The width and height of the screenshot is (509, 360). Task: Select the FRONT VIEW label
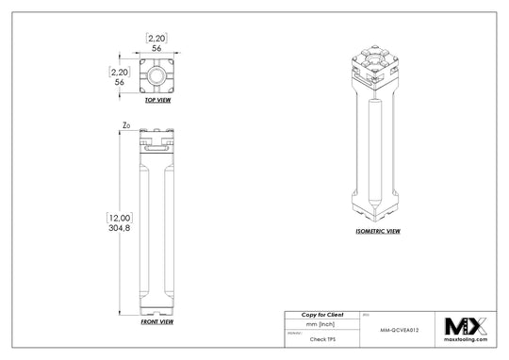(156, 321)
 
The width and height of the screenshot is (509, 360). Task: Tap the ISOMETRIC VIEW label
(379, 230)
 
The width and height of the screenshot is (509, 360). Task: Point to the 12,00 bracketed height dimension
(120, 218)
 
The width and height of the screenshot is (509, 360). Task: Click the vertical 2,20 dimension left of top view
(120, 71)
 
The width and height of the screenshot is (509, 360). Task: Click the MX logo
(467, 326)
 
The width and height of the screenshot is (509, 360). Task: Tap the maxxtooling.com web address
(467, 339)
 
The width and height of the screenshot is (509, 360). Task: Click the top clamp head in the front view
(156, 142)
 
